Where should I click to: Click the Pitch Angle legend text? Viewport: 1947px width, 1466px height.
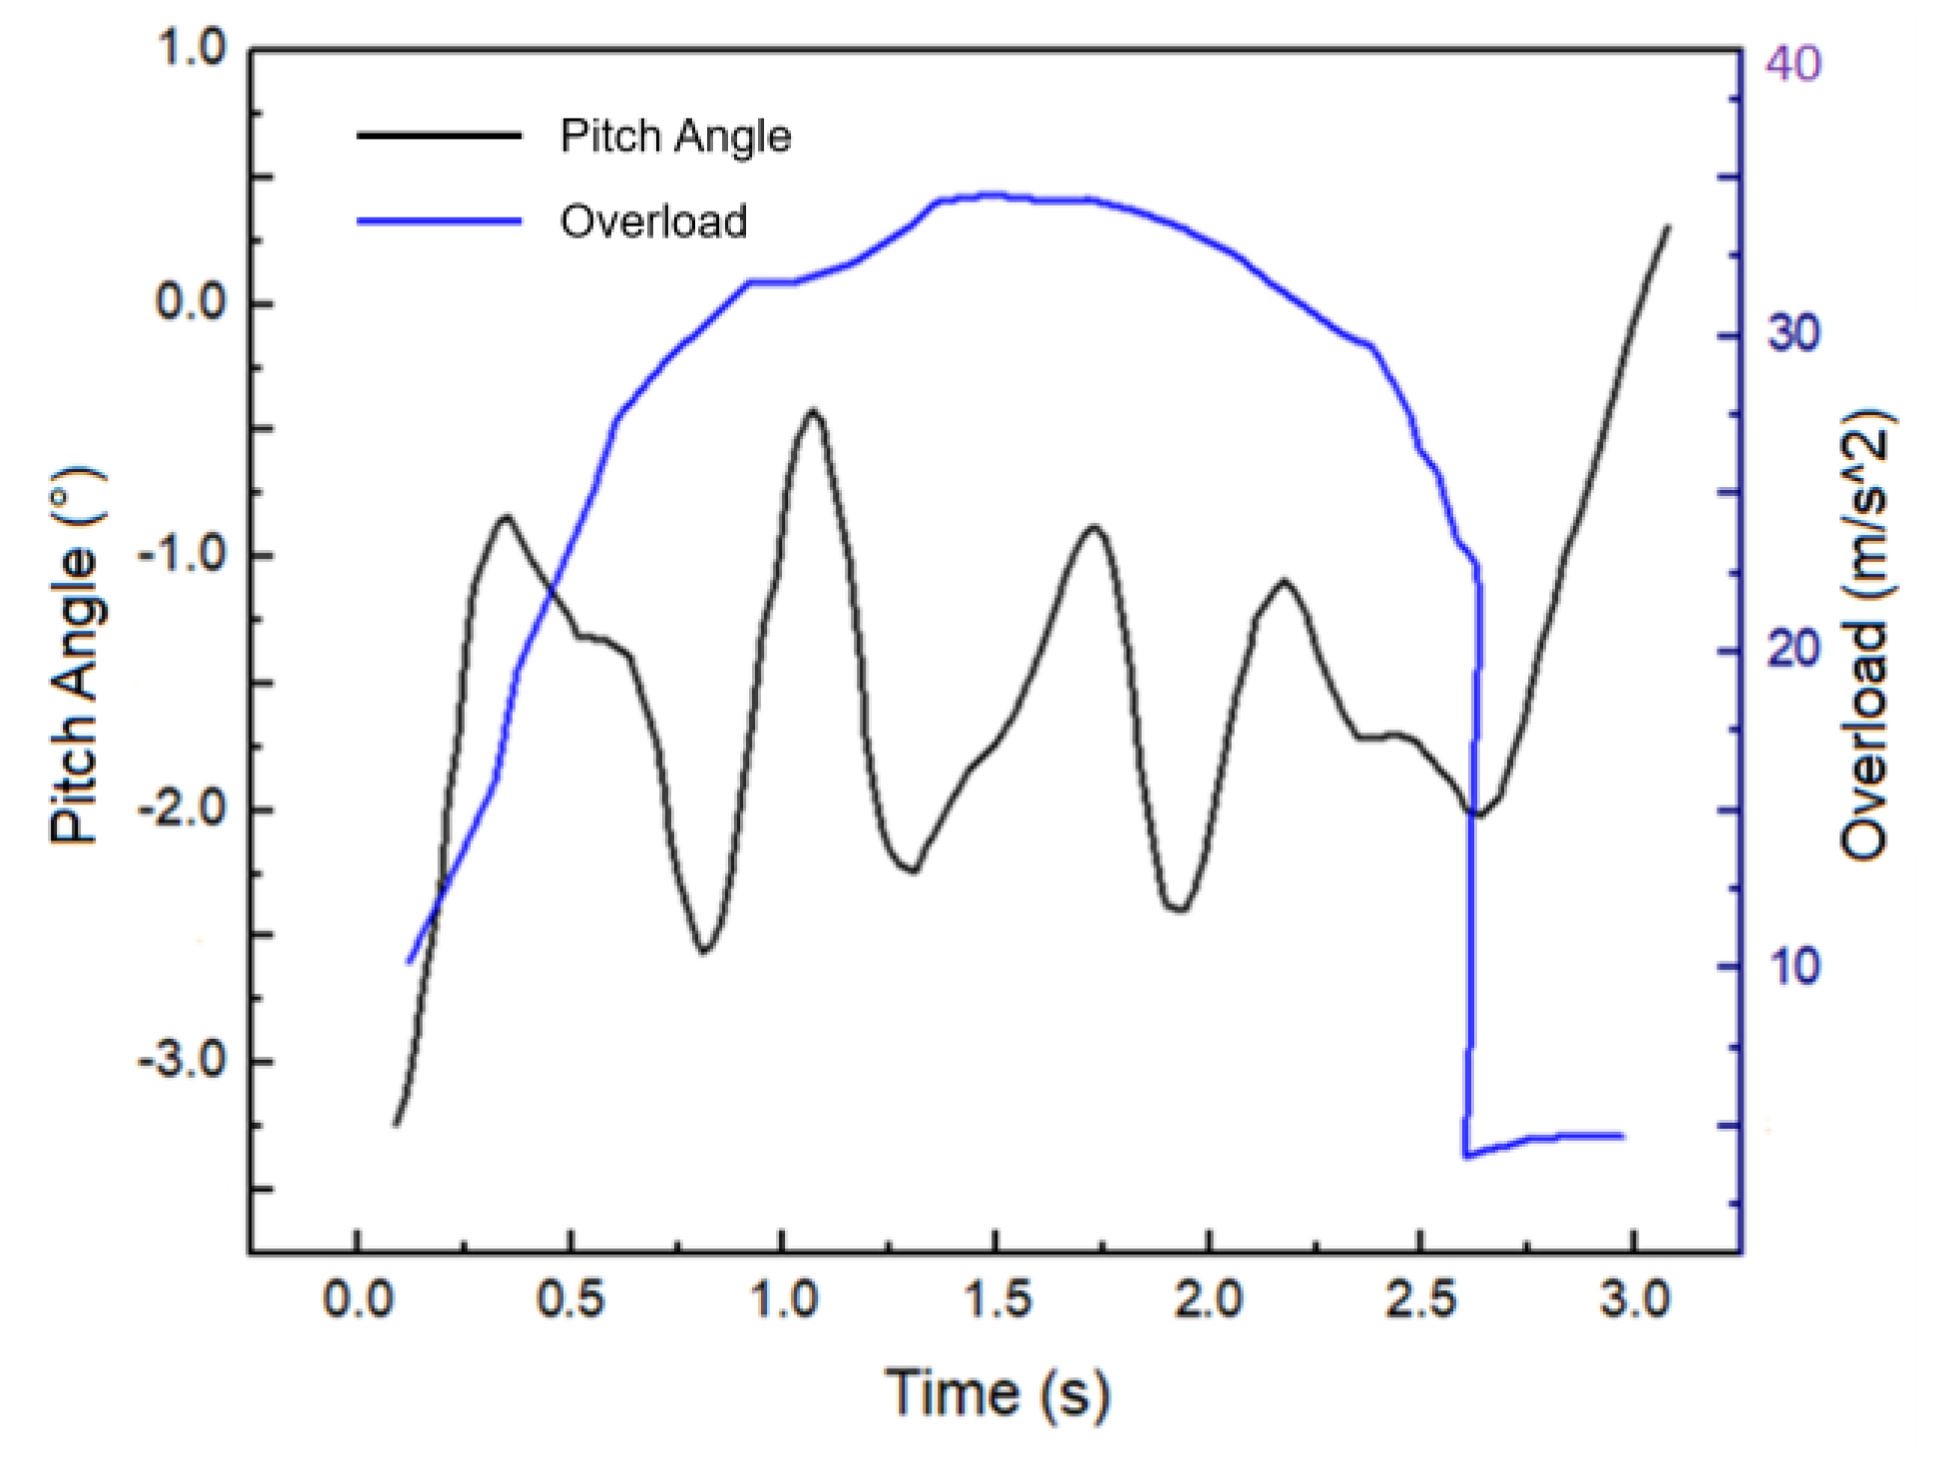pos(675,136)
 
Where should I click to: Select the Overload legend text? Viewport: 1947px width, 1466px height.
pos(653,222)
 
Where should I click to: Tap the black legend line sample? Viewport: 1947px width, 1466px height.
pos(439,136)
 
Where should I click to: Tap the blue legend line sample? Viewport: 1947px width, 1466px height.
pos(439,222)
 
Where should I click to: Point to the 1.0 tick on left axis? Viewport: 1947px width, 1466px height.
pos(192,48)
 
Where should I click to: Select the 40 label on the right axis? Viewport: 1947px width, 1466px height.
pos(1793,63)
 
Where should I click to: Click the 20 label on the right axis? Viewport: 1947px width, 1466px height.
pos(1793,651)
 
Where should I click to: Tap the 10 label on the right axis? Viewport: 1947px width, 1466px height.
pos(1793,966)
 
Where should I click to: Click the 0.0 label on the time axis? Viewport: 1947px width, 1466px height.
pos(357,1299)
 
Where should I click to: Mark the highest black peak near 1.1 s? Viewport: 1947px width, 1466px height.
pos(814,410)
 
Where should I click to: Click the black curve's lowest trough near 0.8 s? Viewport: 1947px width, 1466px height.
pos(704,952)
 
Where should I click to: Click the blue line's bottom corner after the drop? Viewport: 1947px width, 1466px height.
pos(1465,1156)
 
